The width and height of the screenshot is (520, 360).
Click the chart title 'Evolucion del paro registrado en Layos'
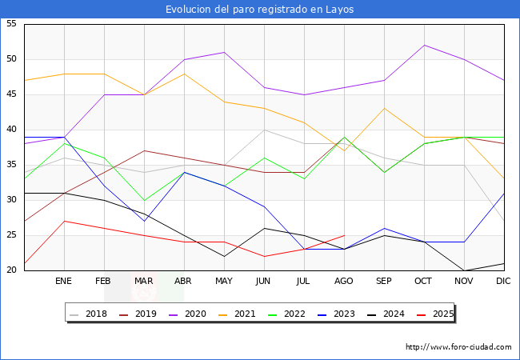pyautogui.click(x=260, y=10)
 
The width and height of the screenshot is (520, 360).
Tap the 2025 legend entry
pyautogui.click(x=437, y=314)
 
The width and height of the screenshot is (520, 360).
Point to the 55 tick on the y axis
pyautogui.click(x=11, y=24)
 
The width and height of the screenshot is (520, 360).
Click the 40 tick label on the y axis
pyautogui.click(x=11, y=130)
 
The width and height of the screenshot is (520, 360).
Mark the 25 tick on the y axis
pyautogui.click(x=11, y=235)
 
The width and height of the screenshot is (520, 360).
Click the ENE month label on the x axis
pyautogui.click(x=64, y=282)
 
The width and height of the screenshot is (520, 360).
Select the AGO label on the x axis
pyautogui.click(x=344, y=282)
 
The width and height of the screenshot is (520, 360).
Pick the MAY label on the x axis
pyautogui.click(x=224, y=282)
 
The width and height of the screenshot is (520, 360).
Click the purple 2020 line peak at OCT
pyautogui.click(x=424, y=45)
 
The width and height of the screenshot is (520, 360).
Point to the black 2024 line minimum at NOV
pyautogui.click(x=464, y=270)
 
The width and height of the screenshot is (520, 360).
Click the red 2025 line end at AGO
pyautogui.click(x=344, y=235)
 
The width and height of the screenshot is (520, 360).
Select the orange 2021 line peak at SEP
pyautogui.click(x=384, y=109)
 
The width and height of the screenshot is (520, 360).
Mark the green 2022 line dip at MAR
pyautogui.click(x=144, y=200)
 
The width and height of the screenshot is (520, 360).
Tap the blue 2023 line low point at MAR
pyautogui.click(x=144, y=221)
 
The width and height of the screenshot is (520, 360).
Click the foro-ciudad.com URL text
pyautogui.click(x=458, y=347)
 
